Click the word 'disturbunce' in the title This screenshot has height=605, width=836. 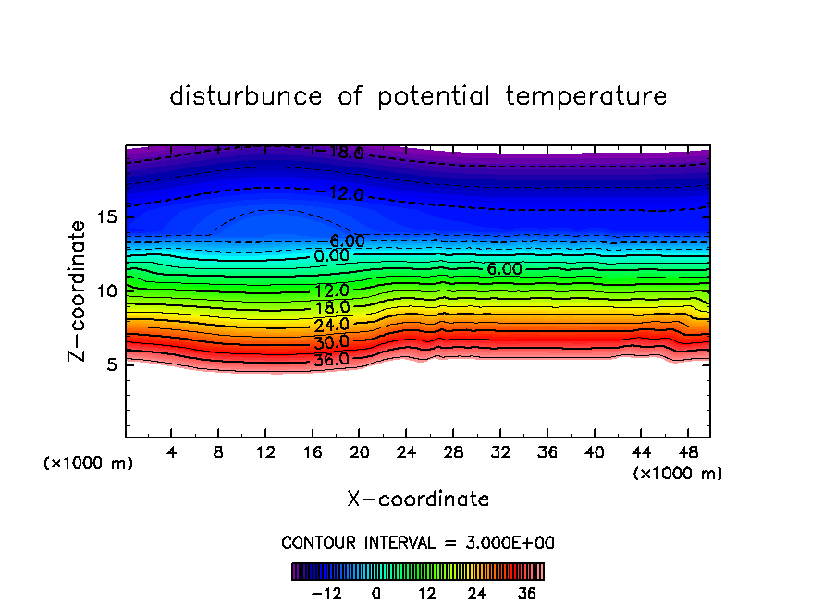point(246,96)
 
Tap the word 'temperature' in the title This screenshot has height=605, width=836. point(586,96)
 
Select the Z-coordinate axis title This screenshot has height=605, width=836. point(80,290)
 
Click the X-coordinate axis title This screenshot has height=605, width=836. point(418,500)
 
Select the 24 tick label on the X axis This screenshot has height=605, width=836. point(406,452)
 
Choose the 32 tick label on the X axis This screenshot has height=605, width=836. point(499,452)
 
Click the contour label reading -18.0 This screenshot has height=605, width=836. point(338,153)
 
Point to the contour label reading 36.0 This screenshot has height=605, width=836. point(331,360)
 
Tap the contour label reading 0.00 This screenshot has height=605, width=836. point(331,255)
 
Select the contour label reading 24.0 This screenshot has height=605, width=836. point(331,325)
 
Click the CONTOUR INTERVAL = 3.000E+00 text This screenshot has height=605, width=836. point(418,542)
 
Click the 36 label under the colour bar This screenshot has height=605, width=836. point(527,594)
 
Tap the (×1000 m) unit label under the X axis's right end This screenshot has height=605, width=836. point(678,474)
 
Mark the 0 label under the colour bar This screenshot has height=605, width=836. point(376,594)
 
